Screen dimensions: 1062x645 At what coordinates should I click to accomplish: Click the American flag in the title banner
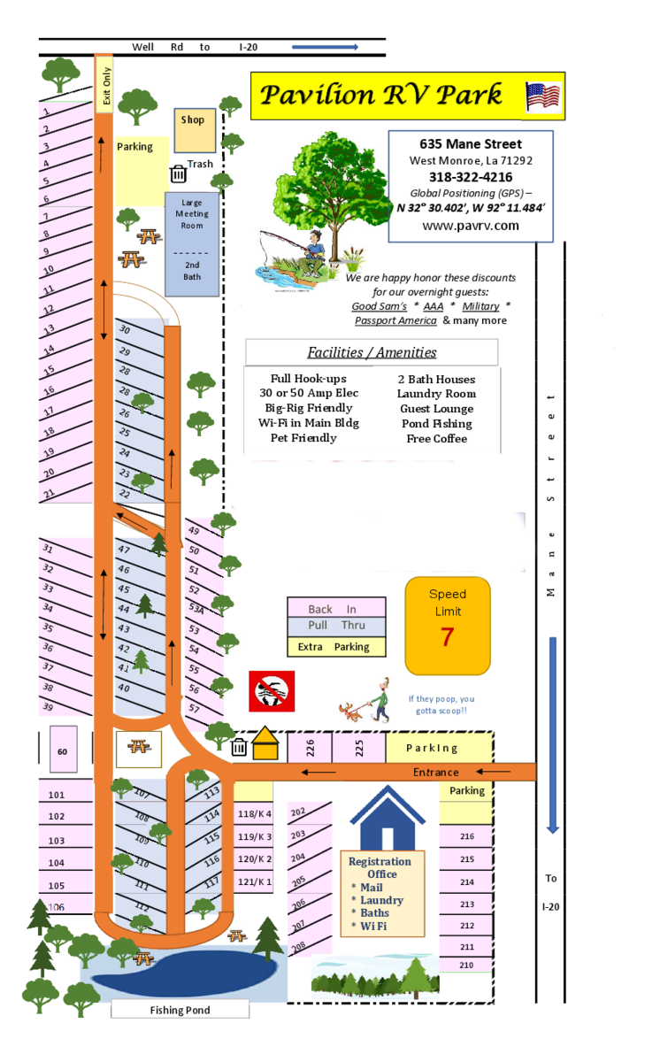pyautogui.click(x=543, y=96)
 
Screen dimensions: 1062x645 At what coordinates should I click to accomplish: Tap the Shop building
pyautogui.click(x=193, y=130)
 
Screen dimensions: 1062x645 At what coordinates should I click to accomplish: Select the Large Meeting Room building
pyautogui.click(x=192, y=239)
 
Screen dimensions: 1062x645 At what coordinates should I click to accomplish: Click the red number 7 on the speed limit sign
pyautogui.click(x=447, y=636)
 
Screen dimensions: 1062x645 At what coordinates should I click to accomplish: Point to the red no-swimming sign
pyautogui.click(x=271, y=690)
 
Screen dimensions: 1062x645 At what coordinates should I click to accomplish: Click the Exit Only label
pyautogui.click(x=106, y=87)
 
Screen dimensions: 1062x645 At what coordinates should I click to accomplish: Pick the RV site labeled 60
pyautogui.click(x=62, y=751)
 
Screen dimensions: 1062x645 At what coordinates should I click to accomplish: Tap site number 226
pyautogui.click(x=310, y=748)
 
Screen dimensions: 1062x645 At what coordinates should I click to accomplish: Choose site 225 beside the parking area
pyautogui.click(x=358, y=748)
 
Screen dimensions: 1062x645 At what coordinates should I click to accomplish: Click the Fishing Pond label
pyautogui.click(x=180, y=1010)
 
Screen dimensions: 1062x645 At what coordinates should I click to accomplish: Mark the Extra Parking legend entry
pyautogui.click(x=336, y=647)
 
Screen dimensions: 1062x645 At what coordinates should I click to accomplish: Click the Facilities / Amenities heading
pyautogui.click(x=372, y=352)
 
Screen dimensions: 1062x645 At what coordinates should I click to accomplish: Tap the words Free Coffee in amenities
pyautogui.click(x=437, y=439)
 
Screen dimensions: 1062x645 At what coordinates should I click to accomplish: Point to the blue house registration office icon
pyautogui.click(x=387, y=819)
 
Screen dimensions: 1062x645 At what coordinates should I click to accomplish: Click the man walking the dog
pyautogui.click(x=365, y=700)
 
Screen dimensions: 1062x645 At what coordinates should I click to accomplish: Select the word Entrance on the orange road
pyautogui.click(x=436, y=773)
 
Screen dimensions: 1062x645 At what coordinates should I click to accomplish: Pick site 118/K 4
pyautogui.click(x=256, y=814)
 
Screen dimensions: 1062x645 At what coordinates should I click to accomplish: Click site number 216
pyautogui.click(x=467, y=836)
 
